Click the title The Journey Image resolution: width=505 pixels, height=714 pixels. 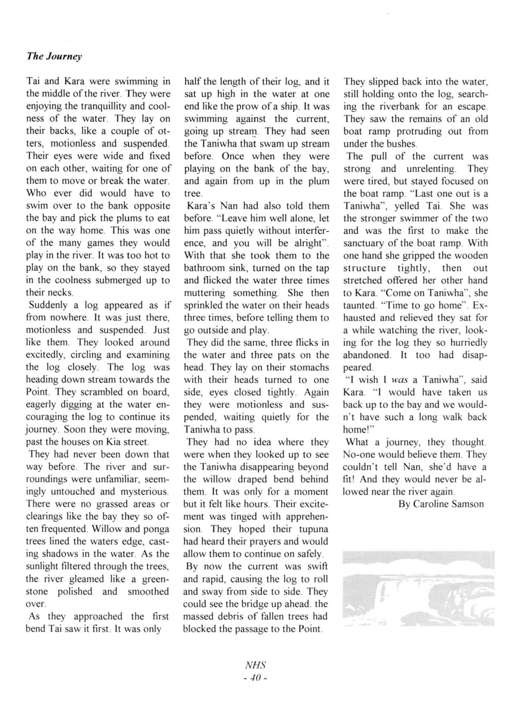coord(54,56)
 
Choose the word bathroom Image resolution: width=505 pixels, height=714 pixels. coord(204,268)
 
